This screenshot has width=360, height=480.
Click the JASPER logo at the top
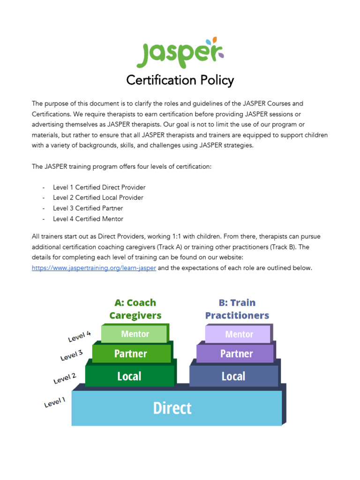[180, 53]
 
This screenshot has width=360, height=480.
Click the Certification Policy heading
[180, 81]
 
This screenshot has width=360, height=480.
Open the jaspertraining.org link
[94, 268]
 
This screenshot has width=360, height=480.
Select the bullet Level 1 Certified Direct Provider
[99, 187]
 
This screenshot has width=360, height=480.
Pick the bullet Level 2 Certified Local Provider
[98, 198]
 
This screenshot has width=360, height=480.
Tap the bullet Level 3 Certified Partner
[88, 208]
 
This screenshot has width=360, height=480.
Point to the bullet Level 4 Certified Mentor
[88, 219]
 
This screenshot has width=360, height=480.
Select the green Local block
[130, 376]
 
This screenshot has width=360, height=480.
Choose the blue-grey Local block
[233, 376]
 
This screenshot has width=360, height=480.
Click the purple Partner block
[237, 353]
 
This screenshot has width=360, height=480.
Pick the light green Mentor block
[135, 334]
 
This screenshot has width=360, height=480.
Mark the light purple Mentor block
[239, 334]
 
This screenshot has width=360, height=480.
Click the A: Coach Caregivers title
[135, 309]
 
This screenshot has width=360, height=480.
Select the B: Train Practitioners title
[237, 309]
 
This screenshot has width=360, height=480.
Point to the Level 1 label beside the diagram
[55, 402]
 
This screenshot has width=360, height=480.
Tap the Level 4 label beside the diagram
[79, 336]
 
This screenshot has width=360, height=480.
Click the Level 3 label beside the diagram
[71, 356]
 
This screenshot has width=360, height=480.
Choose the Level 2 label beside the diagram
[64, 378]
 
